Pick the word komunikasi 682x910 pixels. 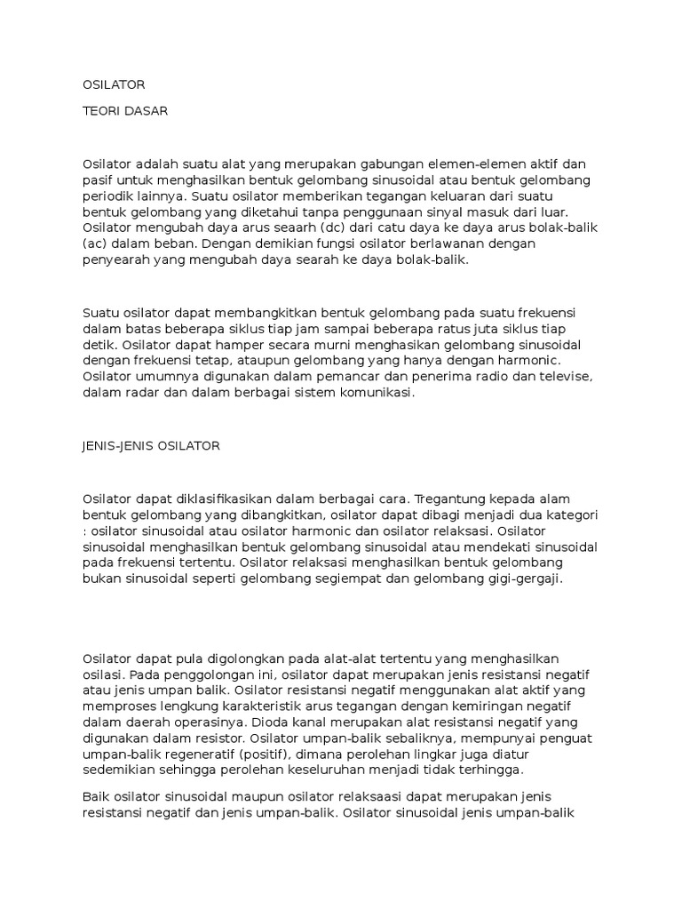pyautogui.click(x=374, y=392)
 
